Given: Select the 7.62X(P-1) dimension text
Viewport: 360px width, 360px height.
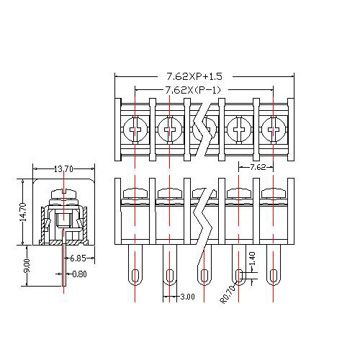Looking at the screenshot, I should click(x=193, y=89).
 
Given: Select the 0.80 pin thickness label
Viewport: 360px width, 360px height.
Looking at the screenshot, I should click(x=79, y=274).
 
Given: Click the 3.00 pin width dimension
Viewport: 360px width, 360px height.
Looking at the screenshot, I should click(x=186, y=297).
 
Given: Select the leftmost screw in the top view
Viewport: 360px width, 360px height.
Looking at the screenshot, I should click(x=135, y=131).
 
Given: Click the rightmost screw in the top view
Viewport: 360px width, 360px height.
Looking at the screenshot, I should click(x=273, y=131).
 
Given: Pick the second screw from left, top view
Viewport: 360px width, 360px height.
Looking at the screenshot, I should click(x=170, y=131).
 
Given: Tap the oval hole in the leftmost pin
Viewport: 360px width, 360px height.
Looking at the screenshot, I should click(x=135, y=274).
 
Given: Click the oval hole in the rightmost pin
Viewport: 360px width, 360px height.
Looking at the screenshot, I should click(x=273, y=274).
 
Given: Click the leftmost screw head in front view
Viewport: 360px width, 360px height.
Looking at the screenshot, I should click(x=135, y=193).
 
